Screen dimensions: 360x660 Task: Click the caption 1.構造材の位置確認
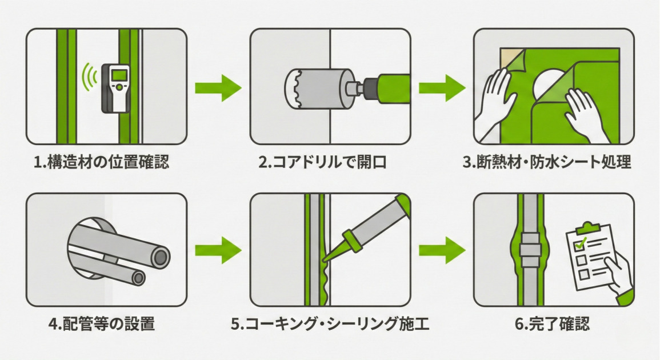tap(102, 162)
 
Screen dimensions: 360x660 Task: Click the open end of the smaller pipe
tap(137, 278)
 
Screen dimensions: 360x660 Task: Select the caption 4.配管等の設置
tap(102, 325)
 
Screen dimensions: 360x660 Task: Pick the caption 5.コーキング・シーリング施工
tap(330, 325)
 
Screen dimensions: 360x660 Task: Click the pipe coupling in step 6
tap(531, 250)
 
